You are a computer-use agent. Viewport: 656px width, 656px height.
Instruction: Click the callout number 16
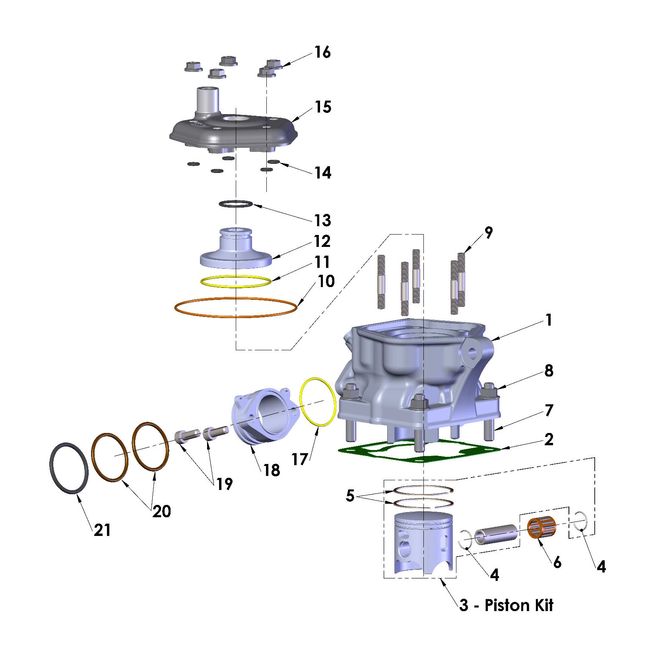click(x=322, y=52)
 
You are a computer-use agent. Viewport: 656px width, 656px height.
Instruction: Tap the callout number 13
click(x=322, y=220)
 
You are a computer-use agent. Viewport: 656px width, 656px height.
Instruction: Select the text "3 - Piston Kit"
click(x=506, y=606)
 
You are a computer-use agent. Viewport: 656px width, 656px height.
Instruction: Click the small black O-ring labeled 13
click(x=236, y=204)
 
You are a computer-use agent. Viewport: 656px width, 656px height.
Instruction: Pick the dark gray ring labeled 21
click(x=68, y=468)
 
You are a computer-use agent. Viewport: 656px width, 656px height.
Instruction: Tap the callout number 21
click(x=102, y=530)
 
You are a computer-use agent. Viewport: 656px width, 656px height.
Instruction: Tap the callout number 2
click(x=549, y=440)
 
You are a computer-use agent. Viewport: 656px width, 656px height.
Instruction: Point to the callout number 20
click(x=162, y=511)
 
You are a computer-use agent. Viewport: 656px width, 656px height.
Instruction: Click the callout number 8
click(x=549, y=371)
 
